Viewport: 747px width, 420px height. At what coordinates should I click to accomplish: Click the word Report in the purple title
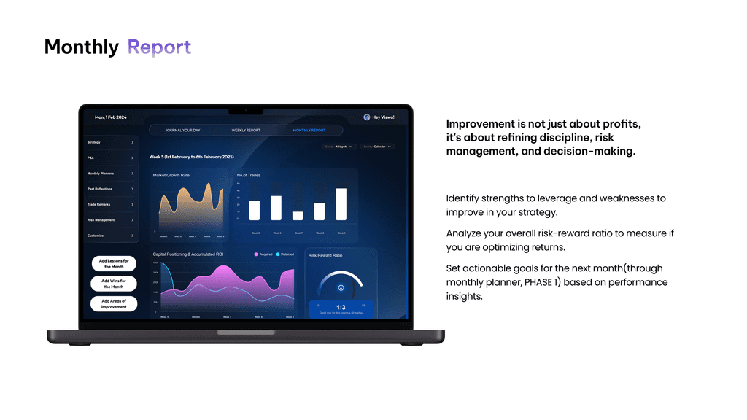tap(159, 47)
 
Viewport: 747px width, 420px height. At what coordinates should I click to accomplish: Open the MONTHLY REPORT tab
tap(309, 131)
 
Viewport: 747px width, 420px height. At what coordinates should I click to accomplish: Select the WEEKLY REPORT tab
tap(246, 131)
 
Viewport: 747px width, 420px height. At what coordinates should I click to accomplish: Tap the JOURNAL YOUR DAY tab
tap(182, 131)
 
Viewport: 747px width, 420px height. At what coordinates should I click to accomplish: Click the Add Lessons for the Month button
tap(114, 263)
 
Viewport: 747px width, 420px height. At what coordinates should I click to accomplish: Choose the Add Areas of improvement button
tap(114, 304)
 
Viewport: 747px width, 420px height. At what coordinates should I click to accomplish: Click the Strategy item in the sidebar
tap(110, 142)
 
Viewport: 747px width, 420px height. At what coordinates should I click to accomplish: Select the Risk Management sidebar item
tap(110, 219)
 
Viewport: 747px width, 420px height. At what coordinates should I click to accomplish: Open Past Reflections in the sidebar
tap(110, 189)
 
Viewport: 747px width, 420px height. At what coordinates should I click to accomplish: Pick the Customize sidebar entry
tap(110, 236)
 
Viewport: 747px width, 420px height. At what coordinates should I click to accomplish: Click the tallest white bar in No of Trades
tap(341, 204)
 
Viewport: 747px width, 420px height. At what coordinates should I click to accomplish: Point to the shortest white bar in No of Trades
tap(298, 216)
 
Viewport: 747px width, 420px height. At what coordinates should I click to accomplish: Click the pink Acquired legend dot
tap(256, 254)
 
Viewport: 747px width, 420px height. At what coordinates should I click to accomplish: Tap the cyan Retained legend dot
tap(278, 254)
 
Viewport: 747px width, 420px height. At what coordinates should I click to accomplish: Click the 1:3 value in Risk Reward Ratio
tap(341, 307)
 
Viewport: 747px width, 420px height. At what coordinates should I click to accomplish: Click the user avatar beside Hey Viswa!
tap(367, 117)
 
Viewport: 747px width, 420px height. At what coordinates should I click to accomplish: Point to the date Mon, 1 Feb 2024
tap(111, 117)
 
